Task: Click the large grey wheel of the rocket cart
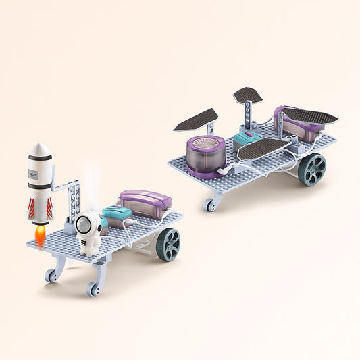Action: pyautogui.click(x=169, y=245)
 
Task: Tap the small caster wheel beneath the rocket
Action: pyautogui.click(x=50, y=276)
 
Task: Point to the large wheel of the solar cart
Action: pyautogui.click(x=312, y=169)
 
